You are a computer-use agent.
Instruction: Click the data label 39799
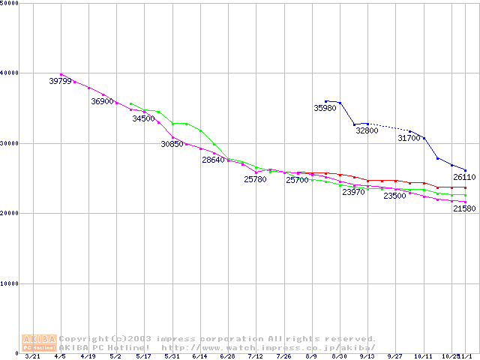(60, 81)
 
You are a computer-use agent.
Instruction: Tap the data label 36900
(102, 101)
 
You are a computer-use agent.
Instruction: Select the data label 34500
(143, 118)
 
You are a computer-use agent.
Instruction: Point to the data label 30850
(172, 144)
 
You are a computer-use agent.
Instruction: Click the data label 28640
(213, 160)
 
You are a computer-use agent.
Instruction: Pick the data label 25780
(255, 179)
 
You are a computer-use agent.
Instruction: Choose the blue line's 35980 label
(325, 109)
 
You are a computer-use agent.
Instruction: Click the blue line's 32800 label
(367, 130)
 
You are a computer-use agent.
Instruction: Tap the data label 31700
(409, 138)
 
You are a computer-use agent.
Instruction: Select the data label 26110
(464, 178)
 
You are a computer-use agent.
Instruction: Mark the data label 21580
(464, 208)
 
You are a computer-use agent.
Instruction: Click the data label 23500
(394, 196)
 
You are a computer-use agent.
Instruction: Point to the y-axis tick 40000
(10, 73)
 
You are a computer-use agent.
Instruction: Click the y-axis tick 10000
(10, 283)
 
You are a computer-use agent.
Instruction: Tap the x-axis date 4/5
(60, 357)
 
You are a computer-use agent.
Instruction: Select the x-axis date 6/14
(199, 357)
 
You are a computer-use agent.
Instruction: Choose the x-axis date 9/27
(394, 357)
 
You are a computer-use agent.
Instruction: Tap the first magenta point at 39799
(61, 74)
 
